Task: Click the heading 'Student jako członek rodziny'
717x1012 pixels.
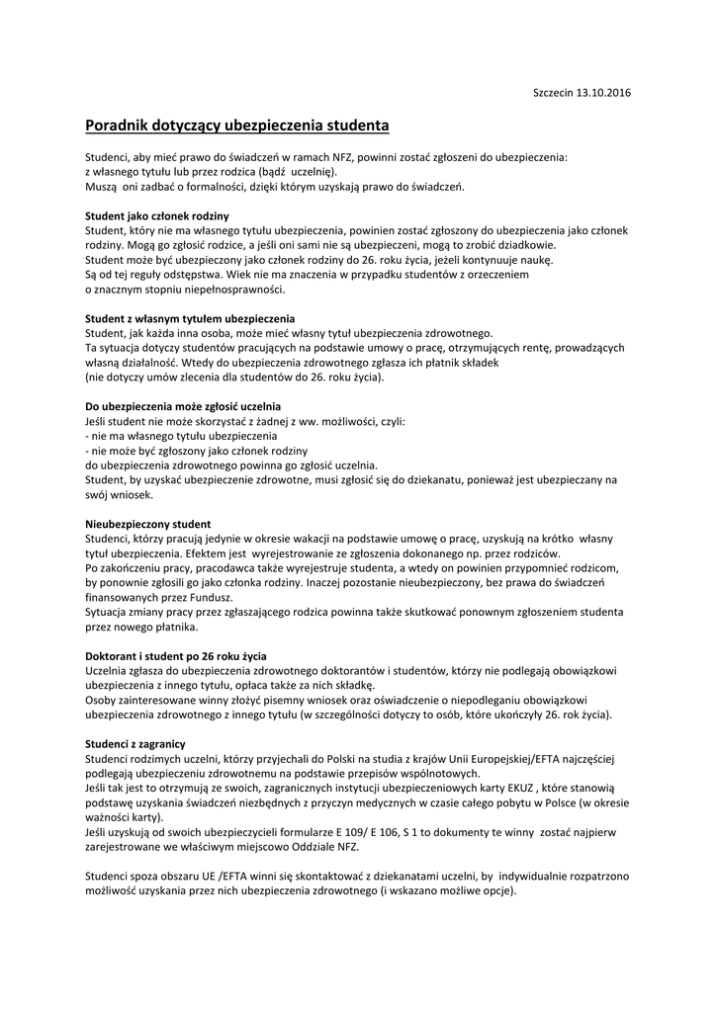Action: [x=157, y=215]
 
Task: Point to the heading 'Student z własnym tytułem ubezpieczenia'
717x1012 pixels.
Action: [x=190, y=318]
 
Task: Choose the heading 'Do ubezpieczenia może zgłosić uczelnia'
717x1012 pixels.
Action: [x=183, y=406]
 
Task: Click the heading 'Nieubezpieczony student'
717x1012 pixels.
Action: [x=147, y=523]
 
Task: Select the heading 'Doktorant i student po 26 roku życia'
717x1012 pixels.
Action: [x=176, y=655]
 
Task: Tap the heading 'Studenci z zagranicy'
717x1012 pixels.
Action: [x=135, y=743]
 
